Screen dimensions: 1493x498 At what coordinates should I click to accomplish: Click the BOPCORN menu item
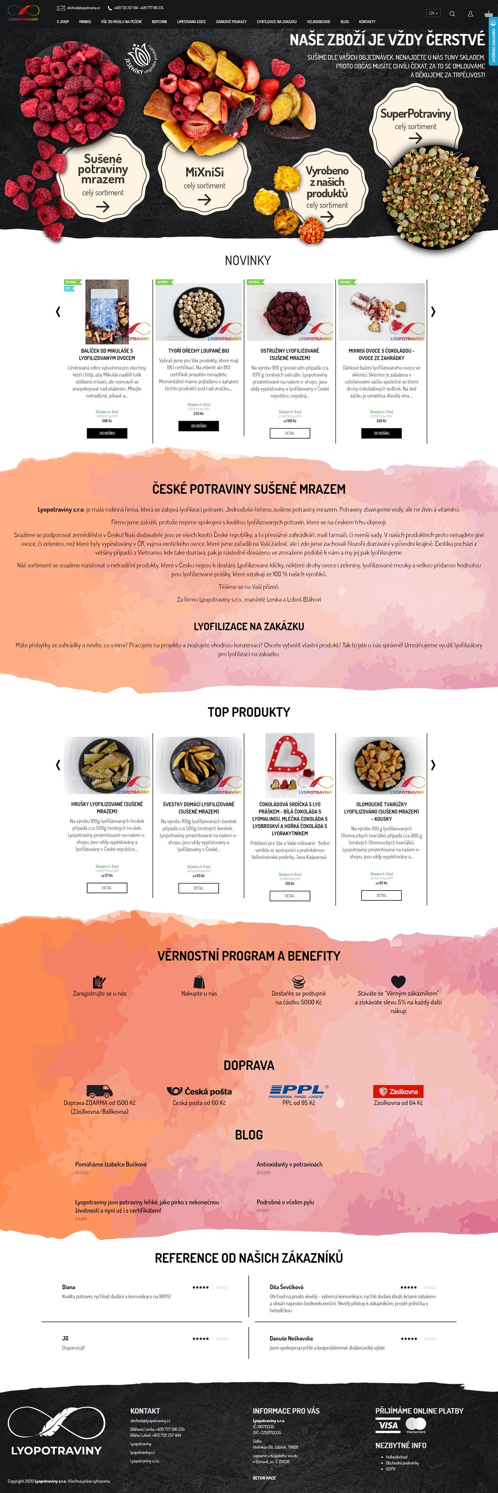click(159, 22)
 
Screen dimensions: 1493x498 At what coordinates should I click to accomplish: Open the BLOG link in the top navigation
click(344, 22)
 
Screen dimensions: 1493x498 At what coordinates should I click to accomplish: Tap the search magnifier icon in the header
click(452, 13)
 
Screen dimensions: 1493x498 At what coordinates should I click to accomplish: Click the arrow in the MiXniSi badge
click(204, 199)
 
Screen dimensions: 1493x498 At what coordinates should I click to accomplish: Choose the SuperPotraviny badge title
click(415, 114)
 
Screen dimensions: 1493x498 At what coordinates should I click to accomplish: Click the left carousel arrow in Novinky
click(58, 311)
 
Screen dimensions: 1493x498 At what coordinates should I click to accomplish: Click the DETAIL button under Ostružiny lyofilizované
click(290, 433)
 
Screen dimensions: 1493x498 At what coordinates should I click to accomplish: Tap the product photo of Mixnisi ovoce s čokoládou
click(381, 311)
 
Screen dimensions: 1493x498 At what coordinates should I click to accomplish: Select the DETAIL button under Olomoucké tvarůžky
click(381, 895)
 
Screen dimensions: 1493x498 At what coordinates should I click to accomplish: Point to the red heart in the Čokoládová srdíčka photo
click(290, 756)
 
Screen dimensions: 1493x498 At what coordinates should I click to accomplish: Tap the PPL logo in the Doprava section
click(298, 1091)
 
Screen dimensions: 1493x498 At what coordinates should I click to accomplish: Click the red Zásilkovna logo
click(398, 1091)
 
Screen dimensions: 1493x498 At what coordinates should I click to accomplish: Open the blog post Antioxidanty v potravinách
click(289, 1164)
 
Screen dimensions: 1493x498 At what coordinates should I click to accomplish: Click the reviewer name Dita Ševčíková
click(286, 1287)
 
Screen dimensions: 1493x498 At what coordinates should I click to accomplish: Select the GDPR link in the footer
click(391, 1469)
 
